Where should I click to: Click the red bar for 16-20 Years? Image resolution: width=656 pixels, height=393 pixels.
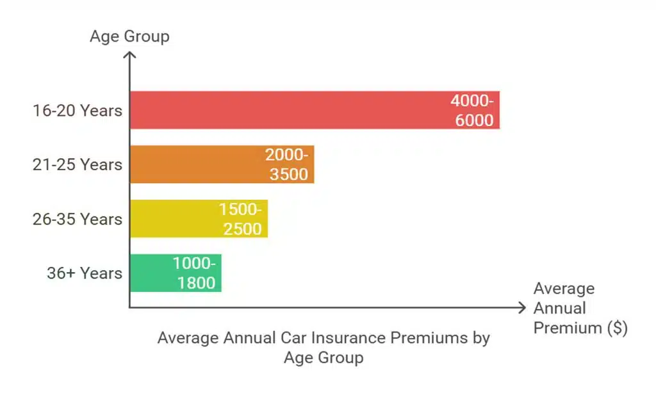(x=288, y=110)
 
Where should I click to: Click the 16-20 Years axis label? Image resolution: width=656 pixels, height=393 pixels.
(x=78, y=110)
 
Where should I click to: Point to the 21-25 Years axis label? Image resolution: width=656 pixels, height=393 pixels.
(x=78, y=164)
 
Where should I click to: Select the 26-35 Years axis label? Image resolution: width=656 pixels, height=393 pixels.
(x=78, y=219)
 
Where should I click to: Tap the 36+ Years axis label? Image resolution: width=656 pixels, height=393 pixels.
(x=84, y=273)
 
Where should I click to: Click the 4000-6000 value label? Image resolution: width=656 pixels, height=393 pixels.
(x=473, y=110)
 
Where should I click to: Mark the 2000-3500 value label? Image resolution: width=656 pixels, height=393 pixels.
(x=288, y=164)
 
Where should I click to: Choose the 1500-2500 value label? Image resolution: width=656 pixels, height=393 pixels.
(x=241, y=219)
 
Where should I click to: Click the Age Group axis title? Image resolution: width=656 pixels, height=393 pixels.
(x=129, y=36)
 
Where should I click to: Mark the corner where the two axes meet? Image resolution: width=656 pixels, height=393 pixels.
(x=129, y=308)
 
